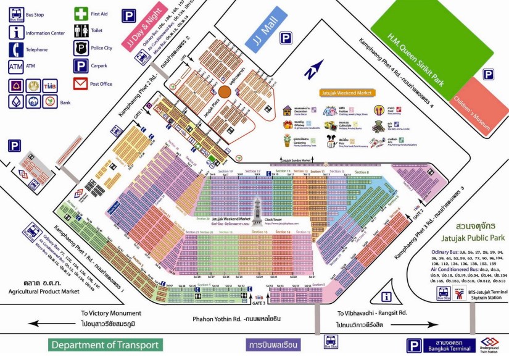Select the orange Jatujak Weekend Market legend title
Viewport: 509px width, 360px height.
coord(347,93)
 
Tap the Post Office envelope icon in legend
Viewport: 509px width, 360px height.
coord(81,83)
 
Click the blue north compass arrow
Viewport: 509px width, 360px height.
coord(317,68)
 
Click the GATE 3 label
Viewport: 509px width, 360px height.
coord(259,304)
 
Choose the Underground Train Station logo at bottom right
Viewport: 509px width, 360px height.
coord(490,341)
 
